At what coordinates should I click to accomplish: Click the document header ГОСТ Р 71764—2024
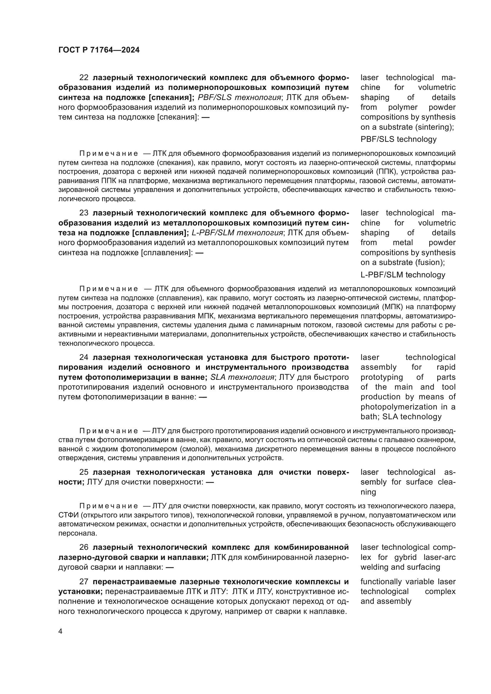(99, 50)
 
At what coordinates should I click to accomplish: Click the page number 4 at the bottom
(61, 631)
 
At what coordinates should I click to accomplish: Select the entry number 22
(84, 78)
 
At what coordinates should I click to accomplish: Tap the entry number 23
(84, 213)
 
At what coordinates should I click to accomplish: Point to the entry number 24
(84, 358)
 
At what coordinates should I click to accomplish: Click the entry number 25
(84, 472)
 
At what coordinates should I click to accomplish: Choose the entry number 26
(84, 547)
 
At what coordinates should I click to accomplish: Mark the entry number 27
(84, 582)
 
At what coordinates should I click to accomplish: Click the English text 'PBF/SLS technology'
(398, 139)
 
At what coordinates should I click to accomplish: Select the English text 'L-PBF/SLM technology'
(403, 275)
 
